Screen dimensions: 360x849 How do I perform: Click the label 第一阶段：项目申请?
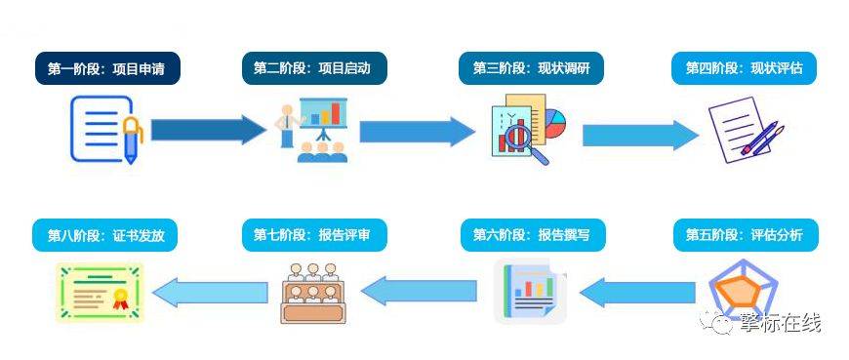(108, 68)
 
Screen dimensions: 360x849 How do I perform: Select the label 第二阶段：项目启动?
(313, 68)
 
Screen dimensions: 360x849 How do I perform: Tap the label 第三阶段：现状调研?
(532, 68)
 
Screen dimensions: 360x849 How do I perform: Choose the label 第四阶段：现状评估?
(745, 68)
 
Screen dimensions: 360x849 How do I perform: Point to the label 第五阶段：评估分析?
(745, 235)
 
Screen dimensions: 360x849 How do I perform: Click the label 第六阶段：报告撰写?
(532, 235)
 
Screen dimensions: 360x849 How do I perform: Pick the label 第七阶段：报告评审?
(313, 235)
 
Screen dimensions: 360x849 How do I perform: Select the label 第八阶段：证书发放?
(108, 235)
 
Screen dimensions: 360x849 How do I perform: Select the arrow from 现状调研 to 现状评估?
(640, 135)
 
